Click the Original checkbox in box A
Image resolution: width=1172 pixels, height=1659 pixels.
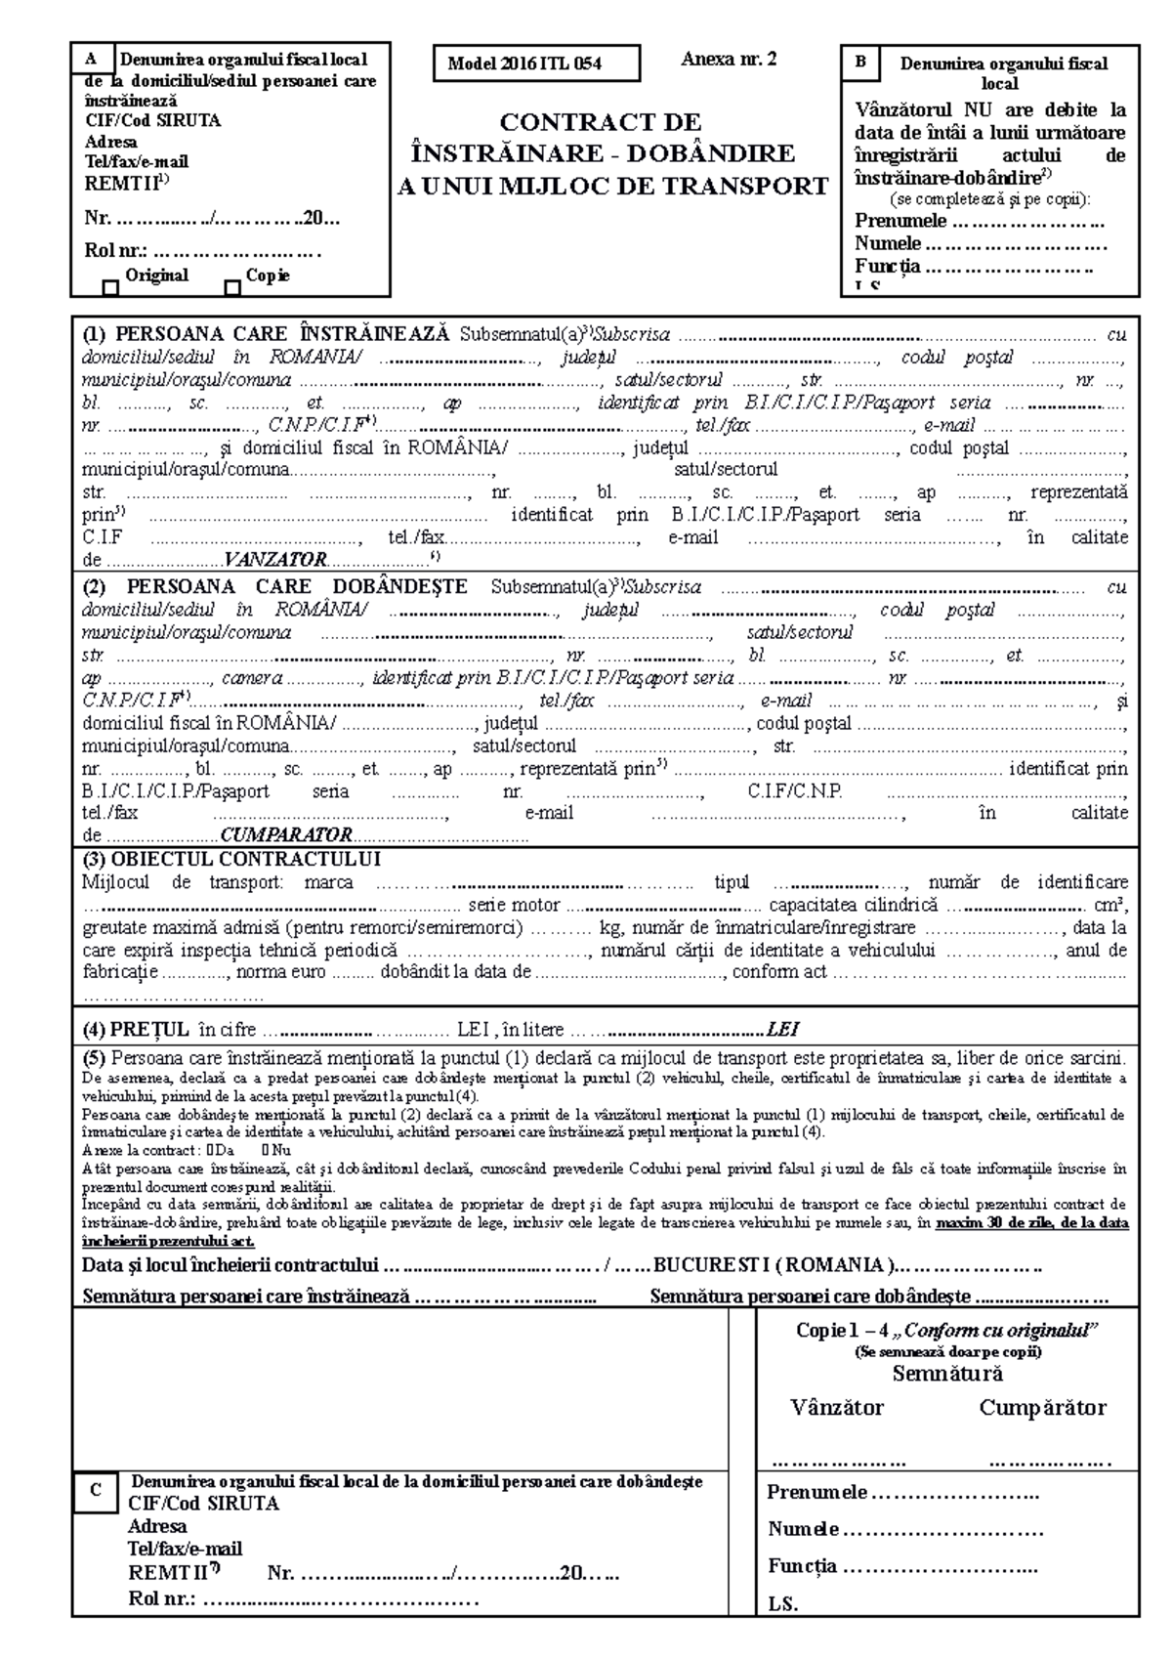click(x=110, y=288)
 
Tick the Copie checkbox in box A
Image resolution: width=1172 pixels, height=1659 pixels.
click(x=232, y=288)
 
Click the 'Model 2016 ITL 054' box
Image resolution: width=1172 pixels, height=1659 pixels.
click(x=538, y=64)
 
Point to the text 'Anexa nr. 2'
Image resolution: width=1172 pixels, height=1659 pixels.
click(x=729, y=60)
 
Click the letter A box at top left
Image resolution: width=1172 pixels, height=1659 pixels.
click(x=93, y=58)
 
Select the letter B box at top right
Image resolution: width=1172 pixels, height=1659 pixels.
click(x=860, y=62)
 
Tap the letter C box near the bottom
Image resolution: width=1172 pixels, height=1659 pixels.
click(x=95, y=1490)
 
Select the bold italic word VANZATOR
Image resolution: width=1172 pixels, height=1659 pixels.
click(x=274, y=561)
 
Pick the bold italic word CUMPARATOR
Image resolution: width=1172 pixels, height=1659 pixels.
click(x=286, y=835)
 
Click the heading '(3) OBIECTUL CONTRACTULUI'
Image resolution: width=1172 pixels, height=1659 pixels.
click(x=231, y=860)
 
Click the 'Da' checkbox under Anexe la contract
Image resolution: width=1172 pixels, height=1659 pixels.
click(x=211, y=1150)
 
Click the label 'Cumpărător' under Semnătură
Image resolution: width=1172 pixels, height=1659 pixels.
click(x=1042, y=1408)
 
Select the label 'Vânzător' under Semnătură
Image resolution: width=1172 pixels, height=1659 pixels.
click(x=837, y=1408)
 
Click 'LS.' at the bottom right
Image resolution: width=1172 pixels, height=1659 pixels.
click(x=782, y=1604)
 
